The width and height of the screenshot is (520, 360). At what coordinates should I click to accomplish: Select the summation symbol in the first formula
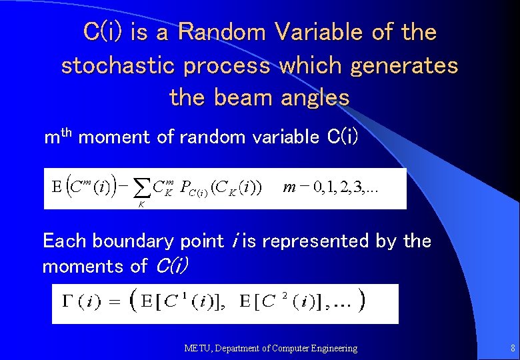143,189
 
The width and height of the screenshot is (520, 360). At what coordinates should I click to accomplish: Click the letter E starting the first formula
57,186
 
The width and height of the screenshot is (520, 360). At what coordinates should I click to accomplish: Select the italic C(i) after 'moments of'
172,267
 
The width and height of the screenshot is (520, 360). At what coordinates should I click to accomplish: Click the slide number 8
512,348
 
